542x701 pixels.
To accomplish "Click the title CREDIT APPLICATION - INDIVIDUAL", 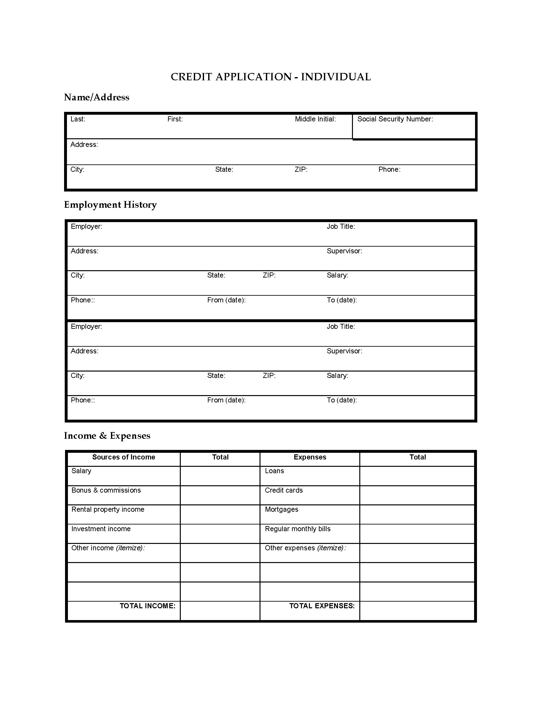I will pyautogui.click(x=271, y=77).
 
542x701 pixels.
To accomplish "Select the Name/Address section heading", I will pyautogui.click(x=96, y=97).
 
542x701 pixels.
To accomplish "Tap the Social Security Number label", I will pyautogui.click(x=395, y=119).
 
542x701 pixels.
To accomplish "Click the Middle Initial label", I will pyautogui.click(x=315, y=119).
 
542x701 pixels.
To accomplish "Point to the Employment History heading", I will pyautogui.click(x=110, y=205).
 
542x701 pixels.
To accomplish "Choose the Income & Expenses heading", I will pyautogui.click(x=107, y=436).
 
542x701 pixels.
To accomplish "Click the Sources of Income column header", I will pyautogui.click(x=124, y=457).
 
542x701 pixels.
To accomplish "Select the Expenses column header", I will pyautogui.click(x=310, y=457).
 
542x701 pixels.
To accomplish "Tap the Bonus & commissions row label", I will pyautogui.click(x=106, y=490).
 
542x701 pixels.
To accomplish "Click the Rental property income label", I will pyautogui.click(x=107, y=509).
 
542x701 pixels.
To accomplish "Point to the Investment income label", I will pyautogui.click(x=101, y=529).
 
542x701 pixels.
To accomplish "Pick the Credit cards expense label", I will pyautogui.click(x=283, y=490).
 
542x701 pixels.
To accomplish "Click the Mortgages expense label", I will pyautogui.click(x=281, y=509).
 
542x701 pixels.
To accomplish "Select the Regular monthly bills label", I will pyautogui.click(x=297, y=529).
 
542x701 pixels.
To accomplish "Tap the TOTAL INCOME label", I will pyautogui.click(x=147, y=606).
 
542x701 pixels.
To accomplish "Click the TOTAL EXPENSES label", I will pyautogui.click(x=322, y=606).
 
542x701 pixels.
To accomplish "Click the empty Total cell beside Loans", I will pyautogui.click(x=417, y=476).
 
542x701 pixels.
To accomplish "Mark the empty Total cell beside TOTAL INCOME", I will pyautogui.click(x=220, y=611).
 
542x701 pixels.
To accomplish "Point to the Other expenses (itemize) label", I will pyautogui.click(x=305, y=548).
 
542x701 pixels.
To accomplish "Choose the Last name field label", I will pyautogui.click(x=78, y=119).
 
